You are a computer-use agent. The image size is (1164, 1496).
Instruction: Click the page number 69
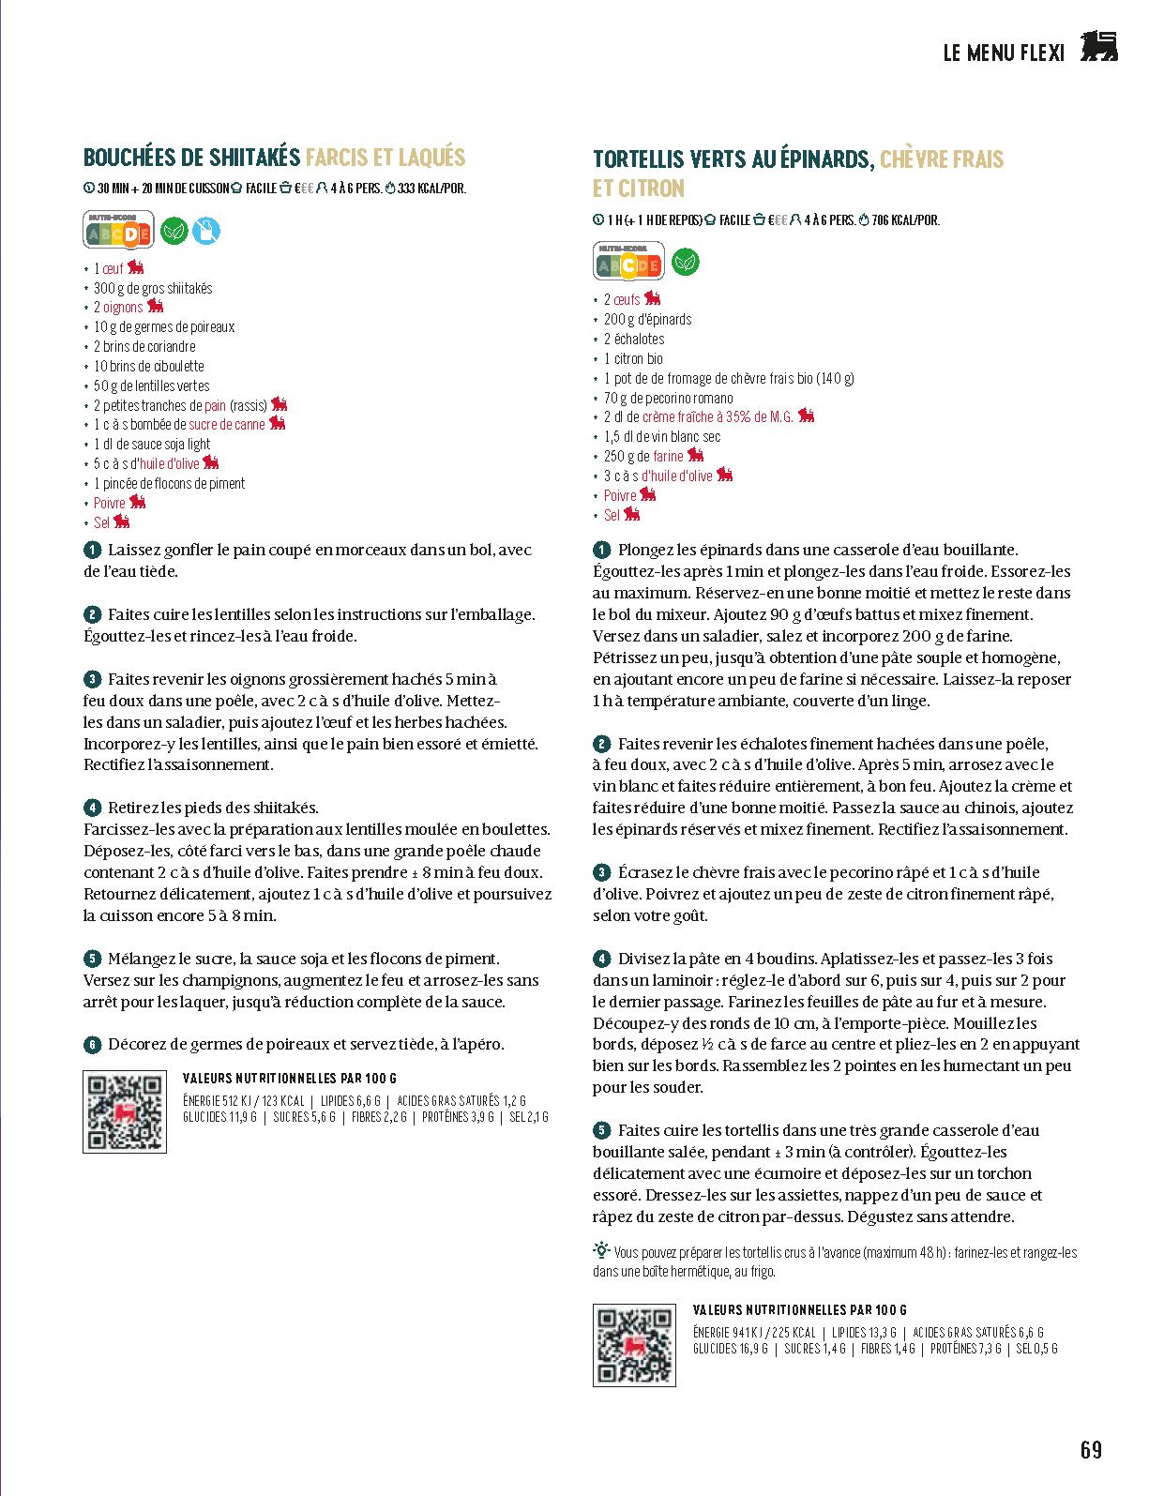1091,1450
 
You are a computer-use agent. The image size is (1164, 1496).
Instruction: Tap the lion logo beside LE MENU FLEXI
1098,47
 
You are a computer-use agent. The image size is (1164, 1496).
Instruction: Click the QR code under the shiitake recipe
125,1111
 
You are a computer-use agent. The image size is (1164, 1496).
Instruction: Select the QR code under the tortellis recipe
634,1344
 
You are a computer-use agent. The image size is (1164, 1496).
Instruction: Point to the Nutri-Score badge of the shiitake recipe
119,231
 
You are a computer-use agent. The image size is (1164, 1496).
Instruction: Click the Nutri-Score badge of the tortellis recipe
628,263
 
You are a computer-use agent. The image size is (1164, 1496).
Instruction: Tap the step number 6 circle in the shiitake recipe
92,1045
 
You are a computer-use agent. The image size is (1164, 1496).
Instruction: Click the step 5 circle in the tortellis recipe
602,1131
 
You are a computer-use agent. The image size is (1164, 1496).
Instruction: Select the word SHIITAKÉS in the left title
254,157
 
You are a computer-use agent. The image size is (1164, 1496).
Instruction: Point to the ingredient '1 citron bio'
633,358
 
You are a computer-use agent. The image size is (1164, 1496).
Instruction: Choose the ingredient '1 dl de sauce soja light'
152,445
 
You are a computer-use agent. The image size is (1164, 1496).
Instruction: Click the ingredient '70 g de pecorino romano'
668,398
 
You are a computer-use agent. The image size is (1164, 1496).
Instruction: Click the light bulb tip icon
601,1250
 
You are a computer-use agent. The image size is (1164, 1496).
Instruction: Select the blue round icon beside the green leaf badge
206,231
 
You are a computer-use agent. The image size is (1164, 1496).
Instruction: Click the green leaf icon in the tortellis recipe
686,263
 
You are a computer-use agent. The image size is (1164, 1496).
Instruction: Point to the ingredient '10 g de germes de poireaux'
164,327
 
